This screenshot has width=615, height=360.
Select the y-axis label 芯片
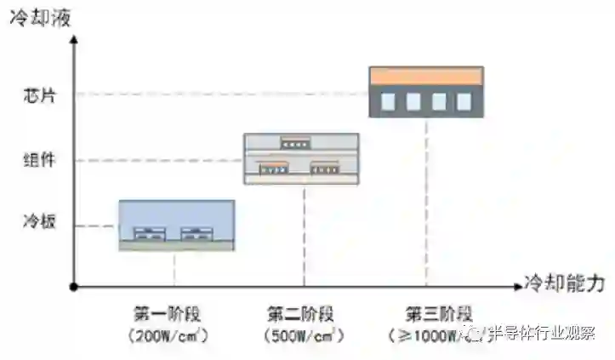pyautogui.click(x=38, y=94)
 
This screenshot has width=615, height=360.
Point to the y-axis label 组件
pyautogui.click(x=38, y=160)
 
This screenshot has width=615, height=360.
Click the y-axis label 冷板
pyautogui.click(x=38, y=226)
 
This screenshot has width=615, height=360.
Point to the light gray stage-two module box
pyautogui.click(x=301, y=158)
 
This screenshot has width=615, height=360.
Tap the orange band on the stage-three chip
pyautogui.click(x=426, y=76)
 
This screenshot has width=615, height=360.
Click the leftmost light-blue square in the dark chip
pyautogui.click(x=388, y=102)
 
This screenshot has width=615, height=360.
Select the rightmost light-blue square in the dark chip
pyautogui.click(x=464, y=102)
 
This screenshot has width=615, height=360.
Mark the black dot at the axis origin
pyautogui.click(x=74, y=288)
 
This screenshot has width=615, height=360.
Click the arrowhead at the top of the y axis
pyautogui.click(x=74, y=36)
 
